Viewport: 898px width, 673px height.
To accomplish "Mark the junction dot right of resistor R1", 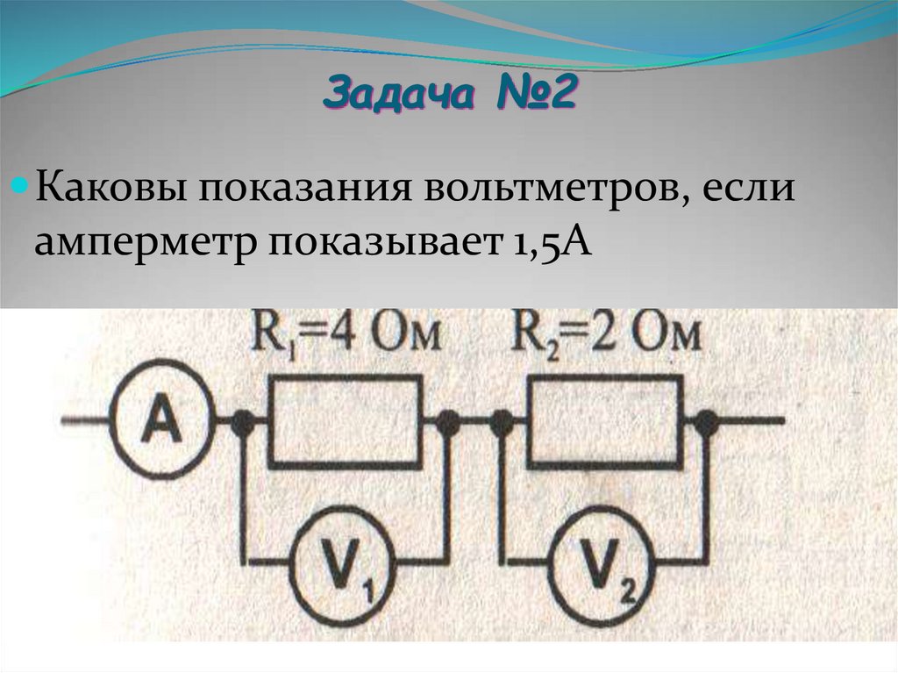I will pos(447,423).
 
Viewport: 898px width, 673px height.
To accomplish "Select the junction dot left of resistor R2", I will pos(502,423).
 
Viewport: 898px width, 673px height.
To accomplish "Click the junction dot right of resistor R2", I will pos(704,423).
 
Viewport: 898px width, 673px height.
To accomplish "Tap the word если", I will pos(745,190).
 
